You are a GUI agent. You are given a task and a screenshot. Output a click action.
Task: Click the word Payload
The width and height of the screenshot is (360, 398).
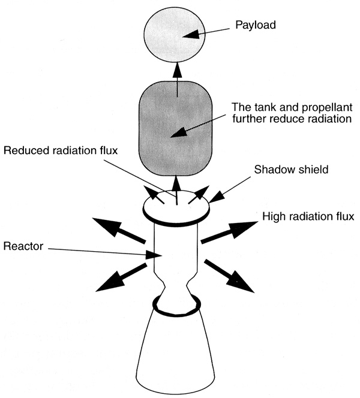(x=256, y=25)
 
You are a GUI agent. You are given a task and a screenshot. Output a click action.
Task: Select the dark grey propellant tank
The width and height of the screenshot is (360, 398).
(x=176, y=129)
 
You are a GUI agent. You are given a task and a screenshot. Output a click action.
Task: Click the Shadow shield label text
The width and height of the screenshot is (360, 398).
(x=291, y=170)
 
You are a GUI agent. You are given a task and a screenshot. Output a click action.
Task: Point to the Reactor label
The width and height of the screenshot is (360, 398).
(x=23, y=246)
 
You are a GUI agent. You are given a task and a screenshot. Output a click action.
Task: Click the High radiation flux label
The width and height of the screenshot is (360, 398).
(x=308, y=216)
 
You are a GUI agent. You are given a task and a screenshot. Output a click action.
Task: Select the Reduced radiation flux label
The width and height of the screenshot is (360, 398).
(x=61, y=150)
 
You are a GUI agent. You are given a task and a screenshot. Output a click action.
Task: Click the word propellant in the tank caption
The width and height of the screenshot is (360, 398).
(x=327, y=108)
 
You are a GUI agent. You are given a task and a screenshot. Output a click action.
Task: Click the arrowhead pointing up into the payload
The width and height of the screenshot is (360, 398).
(x=177, y=70)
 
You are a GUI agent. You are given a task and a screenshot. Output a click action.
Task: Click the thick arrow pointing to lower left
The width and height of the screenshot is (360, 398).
(x=121, y=277)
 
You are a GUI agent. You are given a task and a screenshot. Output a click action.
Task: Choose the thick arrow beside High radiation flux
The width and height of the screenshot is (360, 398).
(x=229, y=231)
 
